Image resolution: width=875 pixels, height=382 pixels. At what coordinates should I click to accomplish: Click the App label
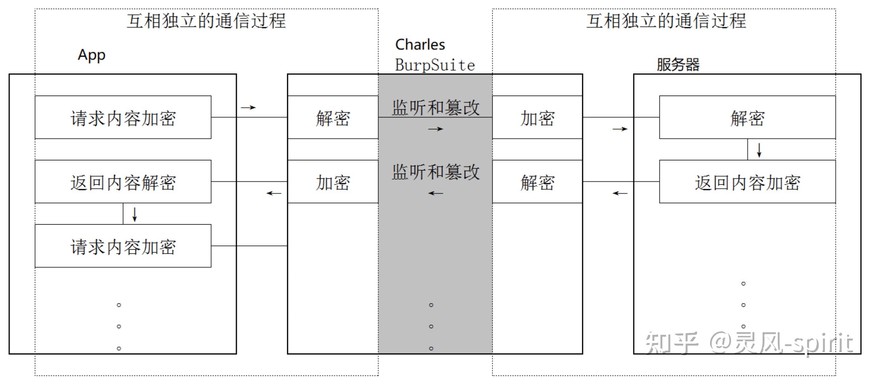click(x=91, y=55)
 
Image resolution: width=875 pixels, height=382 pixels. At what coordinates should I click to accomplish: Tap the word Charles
click(x=420, y=45)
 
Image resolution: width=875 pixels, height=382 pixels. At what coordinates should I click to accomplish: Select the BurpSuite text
click(x=435, y=65)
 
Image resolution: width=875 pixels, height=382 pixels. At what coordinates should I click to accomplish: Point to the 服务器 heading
click(x=678, y=64)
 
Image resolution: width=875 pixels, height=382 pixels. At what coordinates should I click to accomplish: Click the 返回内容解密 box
click(x=123, y=182)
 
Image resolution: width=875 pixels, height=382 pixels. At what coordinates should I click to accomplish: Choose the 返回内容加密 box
click(x=747, y=182)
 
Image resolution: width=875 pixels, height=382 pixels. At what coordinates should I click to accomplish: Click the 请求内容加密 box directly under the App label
click(x=123, y=118)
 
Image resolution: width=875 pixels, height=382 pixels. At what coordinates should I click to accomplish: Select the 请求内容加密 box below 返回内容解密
click(x=123, y=246)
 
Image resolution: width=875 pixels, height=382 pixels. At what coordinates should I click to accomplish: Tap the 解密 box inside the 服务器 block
click(x=747, y=118)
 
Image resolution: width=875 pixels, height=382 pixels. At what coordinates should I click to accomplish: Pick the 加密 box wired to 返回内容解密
click(x=333, y=182)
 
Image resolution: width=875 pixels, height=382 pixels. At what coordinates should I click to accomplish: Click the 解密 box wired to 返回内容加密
click(x=537, y=182)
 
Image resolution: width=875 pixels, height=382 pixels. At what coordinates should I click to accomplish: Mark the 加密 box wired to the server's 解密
click(x=537, y=118)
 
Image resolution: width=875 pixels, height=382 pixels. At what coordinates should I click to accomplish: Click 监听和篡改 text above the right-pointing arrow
click(x=436, y=107)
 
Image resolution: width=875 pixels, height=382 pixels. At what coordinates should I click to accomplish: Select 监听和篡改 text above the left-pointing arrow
click(x=436, y=172)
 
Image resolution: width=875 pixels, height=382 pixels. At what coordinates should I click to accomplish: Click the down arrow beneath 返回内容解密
click(x=135, y=214)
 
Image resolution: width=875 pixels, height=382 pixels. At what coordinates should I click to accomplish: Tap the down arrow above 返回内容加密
click(x=759, y=150)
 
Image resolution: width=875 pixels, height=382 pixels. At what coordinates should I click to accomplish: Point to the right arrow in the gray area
click(x=436, y=129)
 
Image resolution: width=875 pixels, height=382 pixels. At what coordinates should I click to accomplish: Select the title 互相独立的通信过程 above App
click(x=206, y=21)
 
